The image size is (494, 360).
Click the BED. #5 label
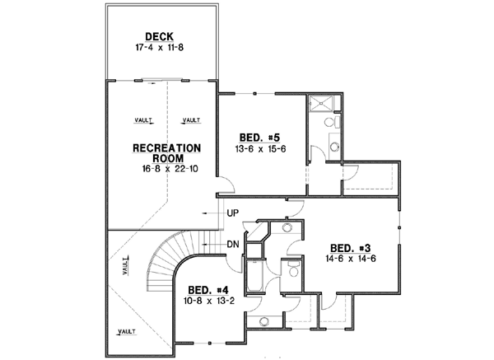point(257,137)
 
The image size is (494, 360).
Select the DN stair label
point(233,245)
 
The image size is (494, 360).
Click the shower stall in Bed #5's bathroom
point(323,103)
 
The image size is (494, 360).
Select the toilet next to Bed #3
point(291,268)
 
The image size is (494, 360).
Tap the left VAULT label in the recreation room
point(143,120)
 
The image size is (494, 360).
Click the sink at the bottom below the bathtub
point(264,322)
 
